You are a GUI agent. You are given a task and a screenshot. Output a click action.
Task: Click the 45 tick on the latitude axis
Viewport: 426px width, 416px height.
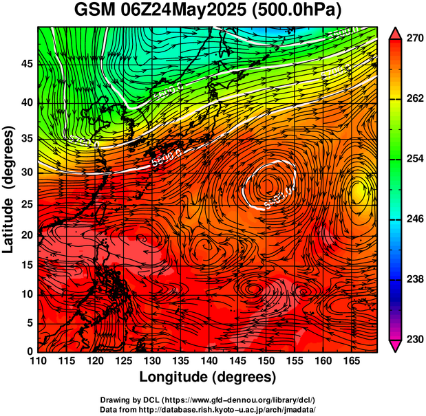coord(27,64)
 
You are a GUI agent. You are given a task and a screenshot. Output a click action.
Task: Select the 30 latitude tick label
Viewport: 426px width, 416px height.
coord(27,172)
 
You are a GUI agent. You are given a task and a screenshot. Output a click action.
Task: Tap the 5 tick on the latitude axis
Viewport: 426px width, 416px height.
coord(30,323)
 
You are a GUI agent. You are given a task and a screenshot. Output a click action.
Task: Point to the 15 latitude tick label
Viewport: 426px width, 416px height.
coord(27,265)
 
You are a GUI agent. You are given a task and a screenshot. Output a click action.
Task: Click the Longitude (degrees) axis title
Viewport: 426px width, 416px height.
coord(208,377)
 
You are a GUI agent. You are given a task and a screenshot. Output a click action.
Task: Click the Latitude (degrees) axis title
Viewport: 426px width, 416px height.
coord(10,189)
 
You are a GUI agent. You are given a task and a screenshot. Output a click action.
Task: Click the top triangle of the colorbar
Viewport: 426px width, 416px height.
coord(396,33)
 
